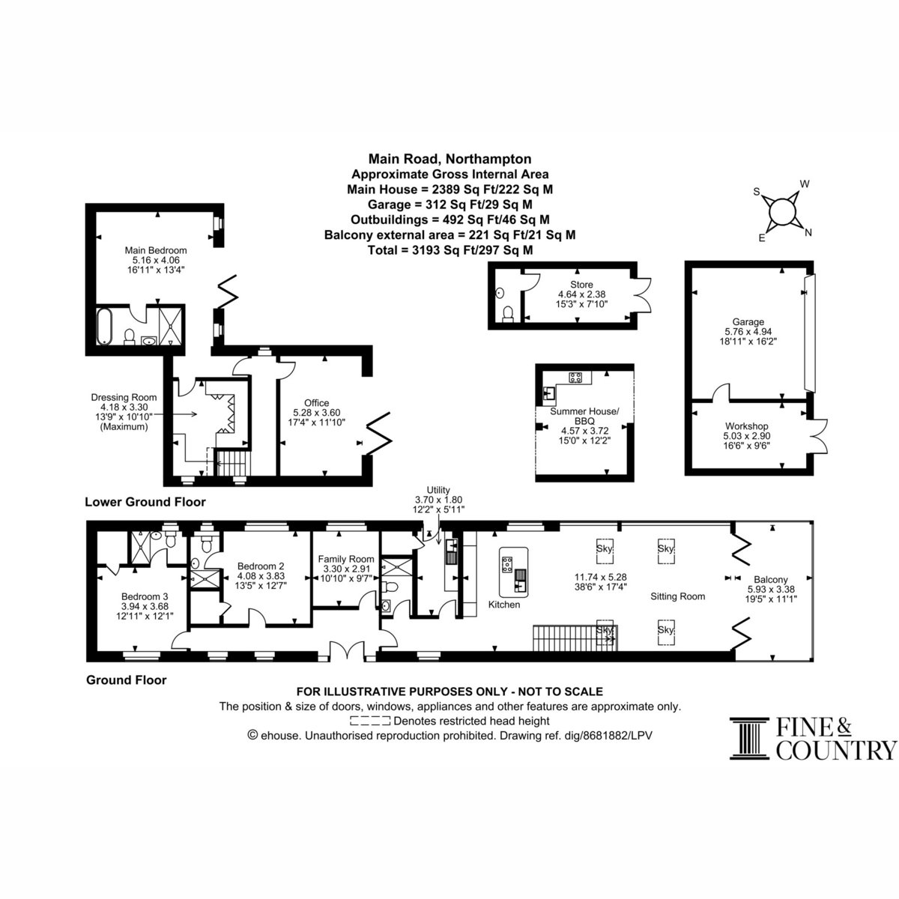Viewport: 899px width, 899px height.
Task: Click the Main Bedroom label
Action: click(155, 250)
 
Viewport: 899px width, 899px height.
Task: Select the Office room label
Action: click(316, 402)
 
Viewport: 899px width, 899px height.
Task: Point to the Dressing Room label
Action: click(124, 398)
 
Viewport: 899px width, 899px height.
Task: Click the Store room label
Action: click(581, 285)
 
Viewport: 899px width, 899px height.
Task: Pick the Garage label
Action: click(748, 321)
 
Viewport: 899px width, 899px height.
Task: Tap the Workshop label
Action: click(746, 426)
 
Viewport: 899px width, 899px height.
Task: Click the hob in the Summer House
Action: click(575, 377)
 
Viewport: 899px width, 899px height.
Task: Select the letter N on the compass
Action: click(808, 232)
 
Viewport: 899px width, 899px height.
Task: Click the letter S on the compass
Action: click(757, 192)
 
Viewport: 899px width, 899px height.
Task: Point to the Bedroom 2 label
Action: click(260, 566)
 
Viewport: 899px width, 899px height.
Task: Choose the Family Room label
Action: click(345, 559)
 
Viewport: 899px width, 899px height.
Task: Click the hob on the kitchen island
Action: click(506, 565)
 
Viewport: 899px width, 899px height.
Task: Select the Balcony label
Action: click(771, 579)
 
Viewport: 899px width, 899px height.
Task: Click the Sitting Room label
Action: click(677, 596)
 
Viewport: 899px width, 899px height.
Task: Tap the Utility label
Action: click(438, 490)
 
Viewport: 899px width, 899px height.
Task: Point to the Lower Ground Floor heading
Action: click(145, 502)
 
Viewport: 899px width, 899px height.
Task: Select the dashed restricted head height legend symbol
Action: click(370, 721)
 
